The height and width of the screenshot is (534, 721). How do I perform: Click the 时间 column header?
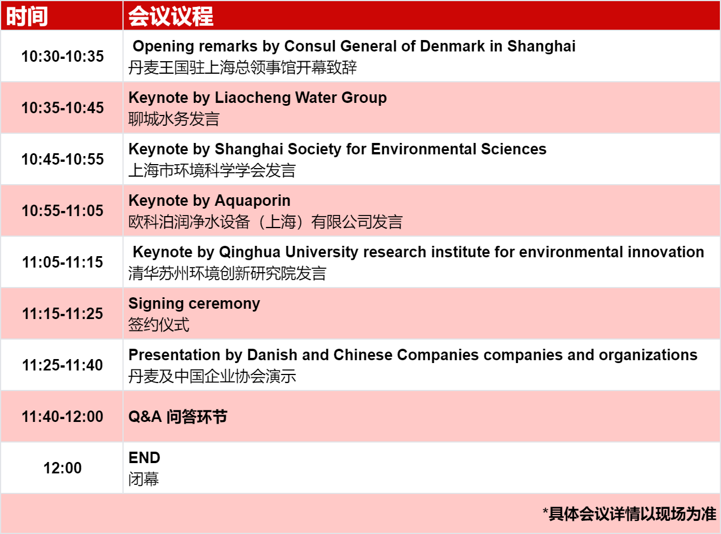pyautogui.click(x=27, y=16)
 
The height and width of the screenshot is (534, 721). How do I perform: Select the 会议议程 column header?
pyautogui.click(x=171, y=16)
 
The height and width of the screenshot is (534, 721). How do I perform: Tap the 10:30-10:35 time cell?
pyautogui.click(x=62, y=56)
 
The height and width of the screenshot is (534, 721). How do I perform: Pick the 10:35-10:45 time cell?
pyautogui.click(x=62, y=108)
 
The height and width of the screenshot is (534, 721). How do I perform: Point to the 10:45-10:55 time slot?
pyautogui.click(x=62, y=159)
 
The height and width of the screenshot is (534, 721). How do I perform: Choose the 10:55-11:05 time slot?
pyautogui.click(x=62, y=210)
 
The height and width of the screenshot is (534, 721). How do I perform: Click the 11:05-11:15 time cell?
pyautogui.click(x=62, y=262)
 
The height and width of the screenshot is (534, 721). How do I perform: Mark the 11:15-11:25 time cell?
pyautogui.click(x=62, y=313)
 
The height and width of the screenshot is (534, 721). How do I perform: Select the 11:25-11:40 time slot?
pyautogui.click(x=62, y=365)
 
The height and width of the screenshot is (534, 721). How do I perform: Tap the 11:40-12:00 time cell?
pyautogui.click(x=62, y=416)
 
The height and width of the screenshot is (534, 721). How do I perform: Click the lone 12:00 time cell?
pyautogui.click(x=62, y=468)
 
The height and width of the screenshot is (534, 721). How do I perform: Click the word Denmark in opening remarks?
pyautogui.click(x=452, y=46)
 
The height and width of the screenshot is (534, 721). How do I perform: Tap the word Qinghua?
pyautogui.click(x=249, y=253)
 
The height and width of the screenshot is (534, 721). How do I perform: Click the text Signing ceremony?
pyautogui.click(x=194, y=304)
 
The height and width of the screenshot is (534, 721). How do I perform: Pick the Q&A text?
pyautogui.click(x=145, y=417)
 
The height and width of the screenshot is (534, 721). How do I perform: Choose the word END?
pyautogui.click(x=144, y=457)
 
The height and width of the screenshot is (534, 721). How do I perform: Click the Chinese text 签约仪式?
pyautogui.click(x=159, y=325)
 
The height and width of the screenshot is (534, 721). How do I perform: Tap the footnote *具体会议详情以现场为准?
pyautogui.click(x=629, y=514)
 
